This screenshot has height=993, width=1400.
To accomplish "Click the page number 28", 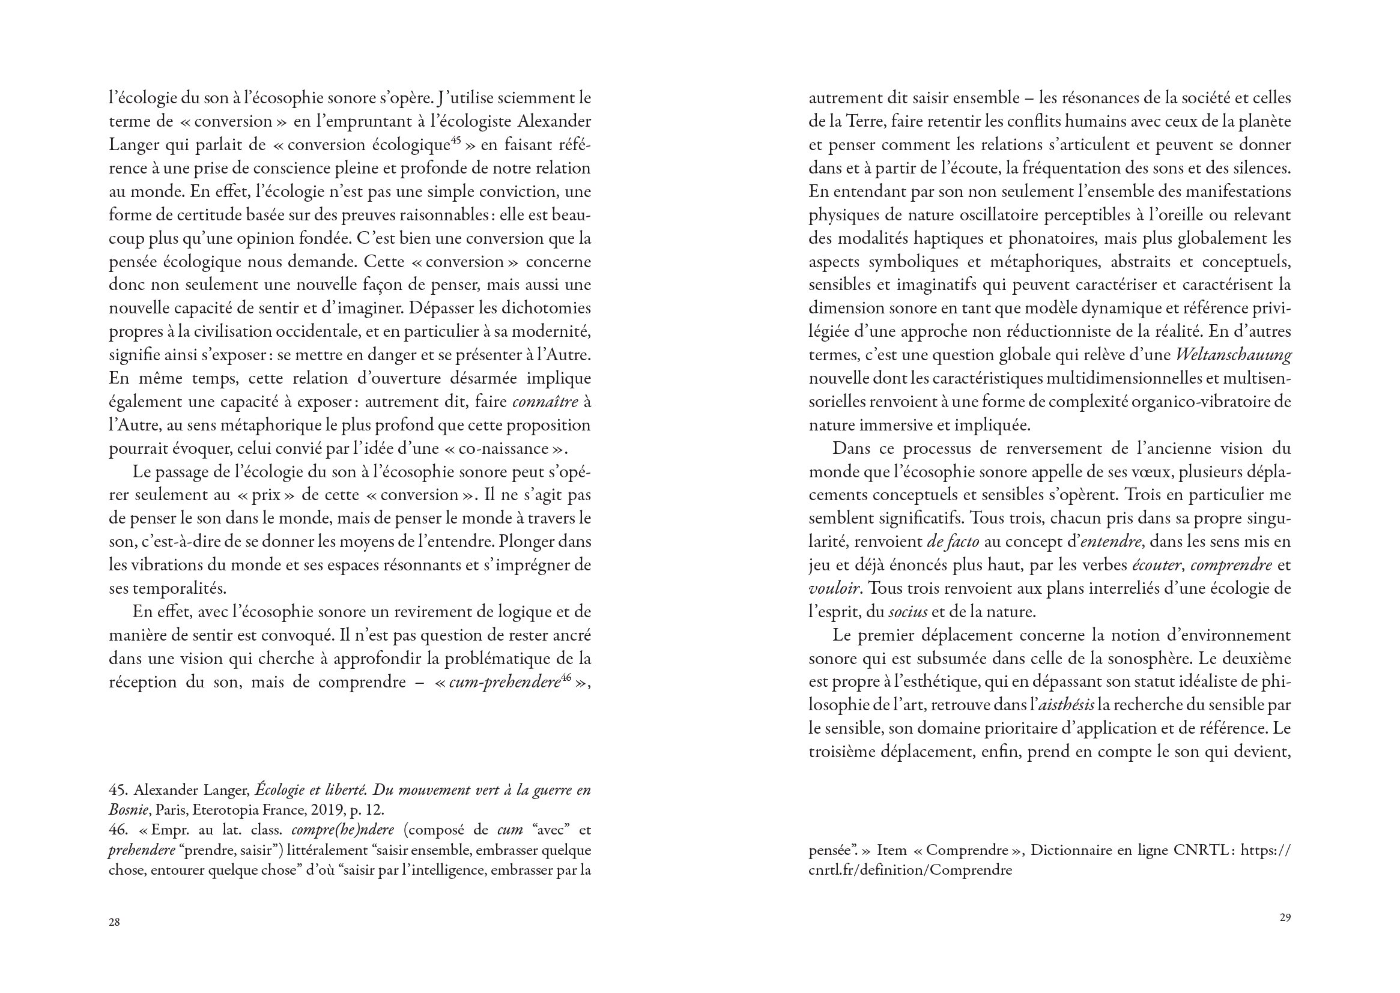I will coord(114,922).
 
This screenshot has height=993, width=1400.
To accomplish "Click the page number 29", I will coord(1285,917).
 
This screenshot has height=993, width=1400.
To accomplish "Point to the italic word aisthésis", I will coord(1066,705).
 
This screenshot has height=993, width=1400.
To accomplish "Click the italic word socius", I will coord(908,611).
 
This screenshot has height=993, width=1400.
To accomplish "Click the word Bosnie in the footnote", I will coord(129,810).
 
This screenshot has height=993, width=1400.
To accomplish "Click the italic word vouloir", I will coord(835,589).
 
